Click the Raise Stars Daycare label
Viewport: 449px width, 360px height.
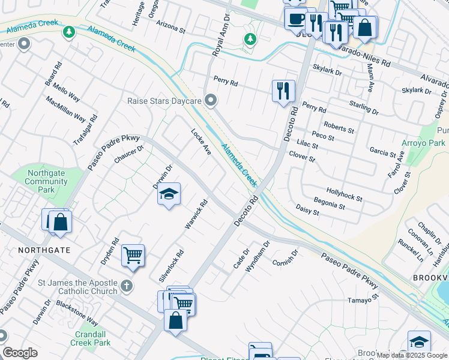coord(163,101)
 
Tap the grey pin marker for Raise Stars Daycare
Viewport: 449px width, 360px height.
coord(210,100)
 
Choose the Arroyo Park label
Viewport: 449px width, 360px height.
coord(424,143)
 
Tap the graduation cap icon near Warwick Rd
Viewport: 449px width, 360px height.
coord(169,194)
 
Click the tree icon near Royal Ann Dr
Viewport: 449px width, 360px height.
coord(250,40)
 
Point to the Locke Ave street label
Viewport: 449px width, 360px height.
coord(201,142)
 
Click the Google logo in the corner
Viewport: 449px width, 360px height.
coord(20,353)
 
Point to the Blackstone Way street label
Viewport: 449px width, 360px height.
coord(77,313)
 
